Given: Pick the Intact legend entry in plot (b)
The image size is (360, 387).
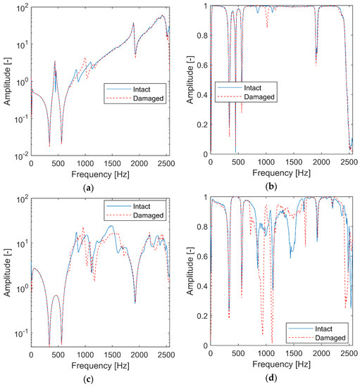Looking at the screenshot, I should point(252,88).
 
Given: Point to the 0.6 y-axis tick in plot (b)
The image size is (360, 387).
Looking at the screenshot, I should point(201,65).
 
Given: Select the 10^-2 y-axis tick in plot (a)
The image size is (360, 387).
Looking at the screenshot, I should point(19,155).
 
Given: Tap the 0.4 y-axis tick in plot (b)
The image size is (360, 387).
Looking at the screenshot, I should point(201,94).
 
